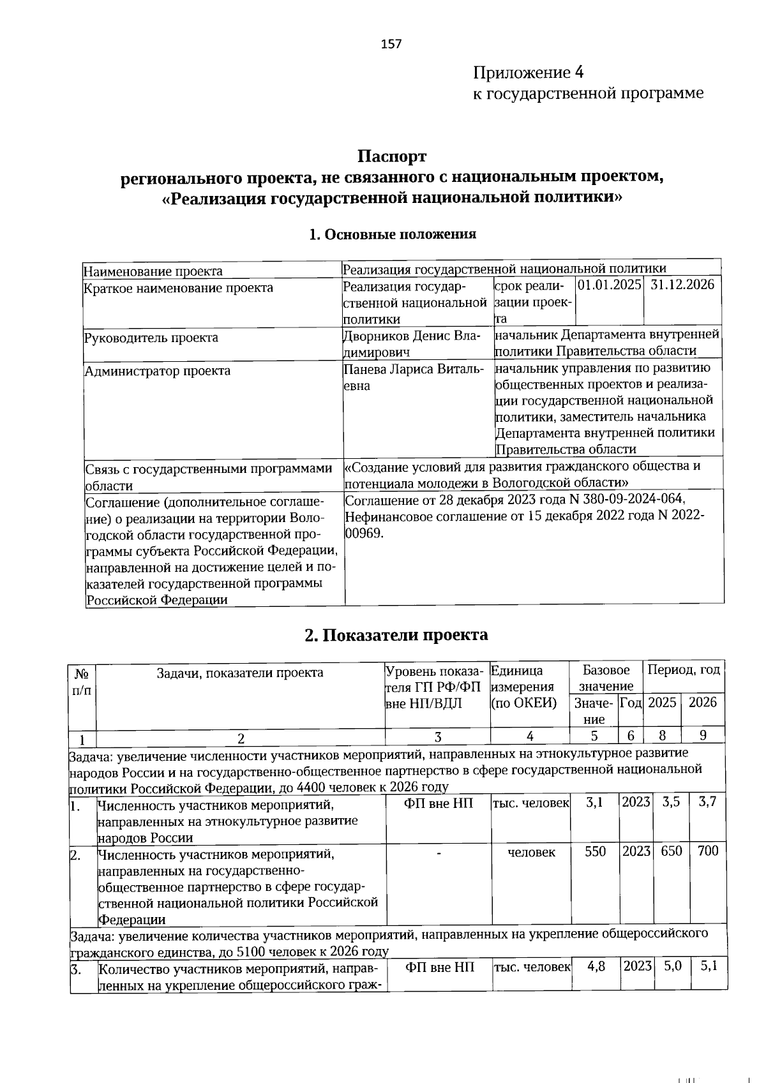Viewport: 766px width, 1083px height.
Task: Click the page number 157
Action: click(x=391, y=44)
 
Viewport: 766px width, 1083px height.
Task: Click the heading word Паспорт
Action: click(x=391, y=156)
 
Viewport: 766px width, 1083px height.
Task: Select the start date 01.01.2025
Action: click(x=609, y=285)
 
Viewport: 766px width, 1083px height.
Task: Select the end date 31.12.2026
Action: click(x=682, y=285)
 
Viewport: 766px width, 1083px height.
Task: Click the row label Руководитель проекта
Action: click(x=151, y=338)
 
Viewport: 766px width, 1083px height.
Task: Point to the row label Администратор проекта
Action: click(x=158, y=371)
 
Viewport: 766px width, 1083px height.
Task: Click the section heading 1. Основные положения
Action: click(x=392, y=234)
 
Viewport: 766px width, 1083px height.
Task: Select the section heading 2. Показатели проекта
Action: click(x=396, y=635)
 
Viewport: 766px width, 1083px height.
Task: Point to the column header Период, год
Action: click(x=684, y=670)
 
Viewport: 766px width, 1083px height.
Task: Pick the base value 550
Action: click(x=595, y=852)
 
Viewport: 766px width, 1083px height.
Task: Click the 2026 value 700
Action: click(x=707, y=851)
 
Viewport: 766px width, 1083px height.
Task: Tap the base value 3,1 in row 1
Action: click(x=594, y=802)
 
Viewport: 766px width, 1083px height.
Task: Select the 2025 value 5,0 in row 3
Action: click(x=672, y=966)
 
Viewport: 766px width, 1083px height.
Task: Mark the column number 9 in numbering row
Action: click(x=703, y=735)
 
